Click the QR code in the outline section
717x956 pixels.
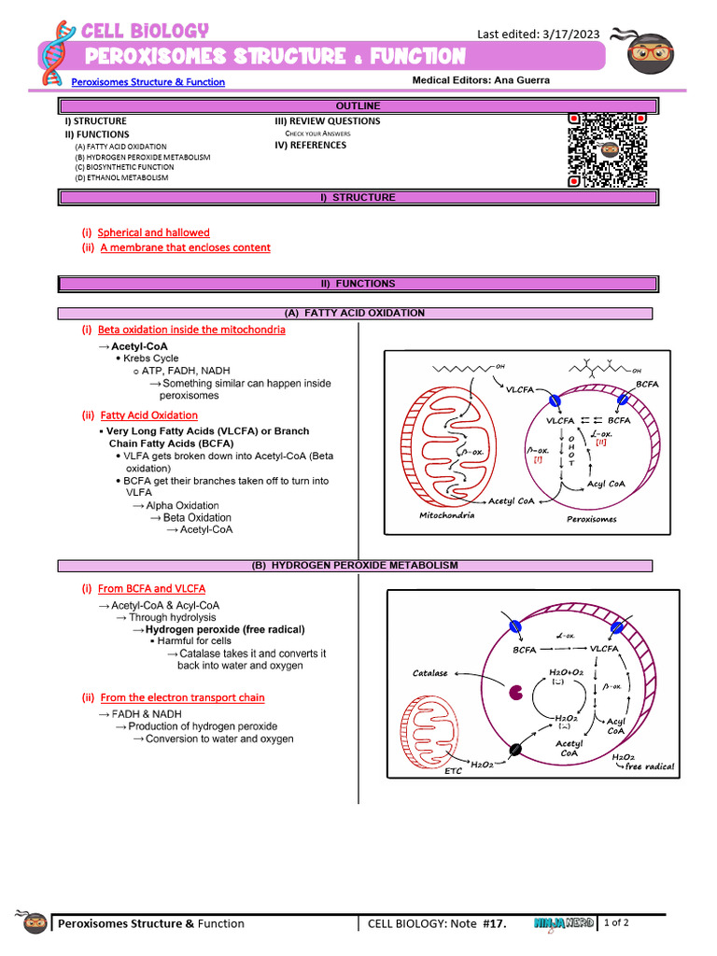click(x=608, y=149)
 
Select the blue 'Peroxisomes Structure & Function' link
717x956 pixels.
click(x=148, y=82)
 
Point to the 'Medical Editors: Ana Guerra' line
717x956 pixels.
click(x=481, y=80)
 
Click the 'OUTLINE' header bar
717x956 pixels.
click(x=358, y=105)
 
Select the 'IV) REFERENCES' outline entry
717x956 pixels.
click(x=310, y=146)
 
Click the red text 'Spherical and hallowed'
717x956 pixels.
click(x=154, y=232)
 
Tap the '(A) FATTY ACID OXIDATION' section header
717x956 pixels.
click(x=355, y=313)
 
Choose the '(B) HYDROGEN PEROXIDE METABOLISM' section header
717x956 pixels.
click(x=355, y=566)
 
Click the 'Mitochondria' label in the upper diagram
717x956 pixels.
click(x=446, y=515)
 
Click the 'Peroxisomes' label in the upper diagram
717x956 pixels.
click(x=591, y=519)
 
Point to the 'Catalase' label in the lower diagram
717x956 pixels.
click(x=430, y=673)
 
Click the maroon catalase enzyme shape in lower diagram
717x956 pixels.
click(x=514, y=693)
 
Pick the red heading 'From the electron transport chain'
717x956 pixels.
click(x=182, y=697)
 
